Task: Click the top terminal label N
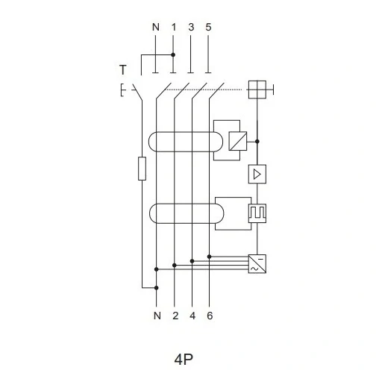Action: pos(156,27)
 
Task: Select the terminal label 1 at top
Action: pos(174,27)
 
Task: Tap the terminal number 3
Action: pos(191,27)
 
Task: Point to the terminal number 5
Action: pos(208,27)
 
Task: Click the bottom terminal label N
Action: pos(157,316)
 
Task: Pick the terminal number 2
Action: pos(175,316)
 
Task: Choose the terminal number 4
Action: pos(192,316)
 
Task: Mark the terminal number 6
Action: pos(210,316)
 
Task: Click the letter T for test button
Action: pos(123,69)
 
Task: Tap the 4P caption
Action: pos(184,359)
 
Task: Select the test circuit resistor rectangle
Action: pos(142,169)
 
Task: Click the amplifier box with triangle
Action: pos(257,174)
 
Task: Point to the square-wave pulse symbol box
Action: pos(257,213)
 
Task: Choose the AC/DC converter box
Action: pos(257,264)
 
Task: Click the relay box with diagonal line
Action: pos(238,141)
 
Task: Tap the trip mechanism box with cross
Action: pos(257,90)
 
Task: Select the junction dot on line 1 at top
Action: pos(173,54)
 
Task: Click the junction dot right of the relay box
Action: pos(257,141)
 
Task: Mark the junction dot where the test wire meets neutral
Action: pos(156,288)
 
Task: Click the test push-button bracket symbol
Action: pos(122,90)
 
